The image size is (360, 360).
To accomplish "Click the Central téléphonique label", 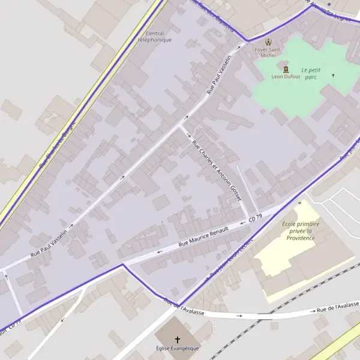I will pyautogui.click(x=155, y=37).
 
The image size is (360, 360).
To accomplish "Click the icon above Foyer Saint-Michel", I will pyautogui.click(x=268, y=42).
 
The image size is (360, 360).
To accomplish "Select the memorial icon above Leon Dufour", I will pyautogui.click(x=285, y=69).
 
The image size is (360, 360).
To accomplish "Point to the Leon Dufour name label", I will pyautogui.click(x=285, y=77).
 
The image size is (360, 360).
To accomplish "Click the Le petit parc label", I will pyautogui.click(x=311, y=73).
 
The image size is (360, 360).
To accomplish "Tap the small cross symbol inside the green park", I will pyautogui.click(x=333, y=76).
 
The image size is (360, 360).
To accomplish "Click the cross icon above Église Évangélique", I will pyautogui.click(x=177, y=340).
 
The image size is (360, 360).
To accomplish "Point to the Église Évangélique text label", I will pyautogui.click(x=177, y=349).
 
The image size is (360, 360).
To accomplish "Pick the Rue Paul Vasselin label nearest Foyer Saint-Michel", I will pyautogui.click(x=218, y=74).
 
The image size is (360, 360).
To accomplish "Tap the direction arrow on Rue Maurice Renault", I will pyautogui.click(x=160, y=251).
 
